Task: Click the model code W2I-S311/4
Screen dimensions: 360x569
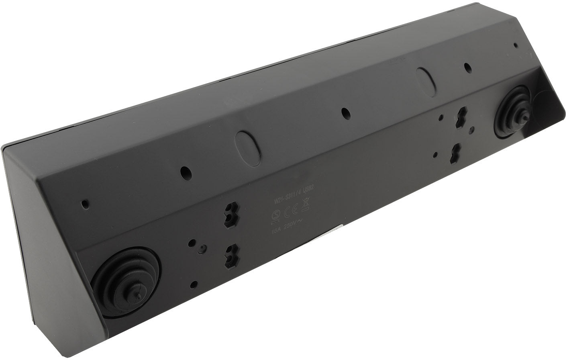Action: (288, 197)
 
